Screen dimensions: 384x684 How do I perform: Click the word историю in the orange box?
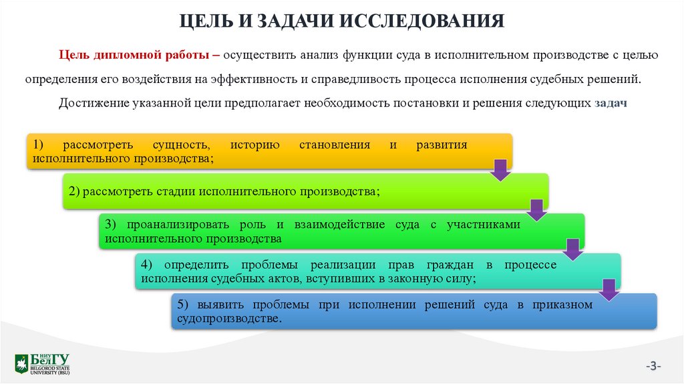[x=254, y=145]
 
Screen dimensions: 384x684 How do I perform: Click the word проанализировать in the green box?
[x=175, y=225]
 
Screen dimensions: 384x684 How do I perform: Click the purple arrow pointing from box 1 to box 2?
[x=500, y=170]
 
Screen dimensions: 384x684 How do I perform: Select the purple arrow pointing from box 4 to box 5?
[x=608, y=290]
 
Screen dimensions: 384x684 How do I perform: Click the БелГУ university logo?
[x=42, y=363]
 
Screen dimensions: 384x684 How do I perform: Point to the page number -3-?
[x=653, y=365]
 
